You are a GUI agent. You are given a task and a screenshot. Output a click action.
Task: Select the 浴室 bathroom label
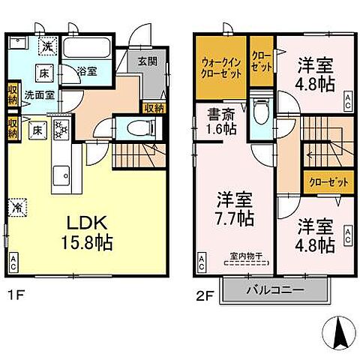tap(87, 71)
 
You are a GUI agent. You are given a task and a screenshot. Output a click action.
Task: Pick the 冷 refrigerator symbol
tap(16, 203)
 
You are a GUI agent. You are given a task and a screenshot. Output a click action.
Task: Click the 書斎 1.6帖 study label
tap(221, 122)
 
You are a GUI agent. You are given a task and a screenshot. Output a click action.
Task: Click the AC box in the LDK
tap(14, 262)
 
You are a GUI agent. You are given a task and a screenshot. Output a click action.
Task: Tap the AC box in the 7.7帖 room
tap(204, 262)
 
